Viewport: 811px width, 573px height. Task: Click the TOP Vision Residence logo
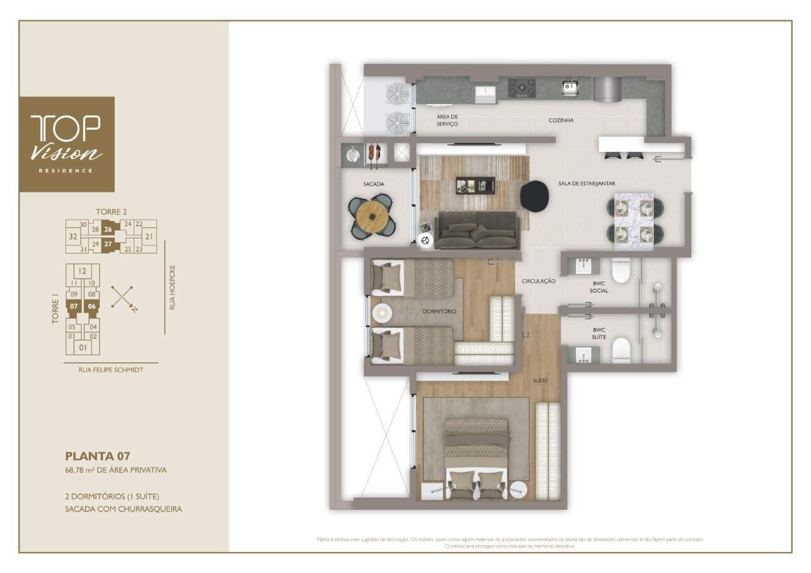point(67,144)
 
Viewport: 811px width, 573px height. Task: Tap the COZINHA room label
point(561,120)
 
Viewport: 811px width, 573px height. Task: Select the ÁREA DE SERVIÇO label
point(447,120)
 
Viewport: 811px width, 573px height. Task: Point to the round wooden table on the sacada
point(372,217)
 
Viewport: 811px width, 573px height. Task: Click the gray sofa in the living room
point(476,230)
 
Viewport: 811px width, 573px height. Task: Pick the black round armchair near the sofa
point(537,196)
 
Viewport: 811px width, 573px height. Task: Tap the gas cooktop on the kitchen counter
point(521,88)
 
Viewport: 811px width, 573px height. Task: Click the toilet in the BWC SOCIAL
point(622,270)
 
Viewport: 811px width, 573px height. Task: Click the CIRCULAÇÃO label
point(539,281)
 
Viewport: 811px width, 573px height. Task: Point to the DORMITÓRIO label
point(439,312)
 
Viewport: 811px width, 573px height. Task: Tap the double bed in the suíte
point(476,457)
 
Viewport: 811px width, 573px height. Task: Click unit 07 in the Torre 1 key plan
point(74,306)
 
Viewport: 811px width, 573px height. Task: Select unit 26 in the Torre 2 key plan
point(108,230)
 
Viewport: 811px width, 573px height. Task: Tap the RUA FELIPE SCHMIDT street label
point(111,370)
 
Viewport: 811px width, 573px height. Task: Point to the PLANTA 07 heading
point(98,456)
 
